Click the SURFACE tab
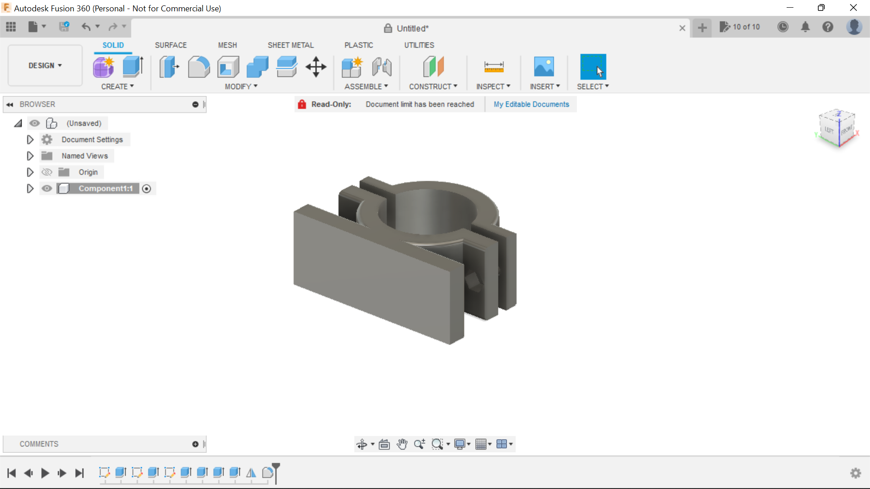170,45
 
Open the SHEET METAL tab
290,45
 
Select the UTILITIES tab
419,45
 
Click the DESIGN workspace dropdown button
45,66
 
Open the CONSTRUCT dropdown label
433,86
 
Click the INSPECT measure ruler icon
493,67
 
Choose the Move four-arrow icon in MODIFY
316,67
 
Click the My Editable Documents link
531,104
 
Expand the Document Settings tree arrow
30,139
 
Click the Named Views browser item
85,156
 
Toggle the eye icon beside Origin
47,172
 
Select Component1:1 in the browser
106,188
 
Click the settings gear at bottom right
855,473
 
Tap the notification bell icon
805,27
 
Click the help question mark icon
828,27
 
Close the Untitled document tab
682,28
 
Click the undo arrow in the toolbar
86,27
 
